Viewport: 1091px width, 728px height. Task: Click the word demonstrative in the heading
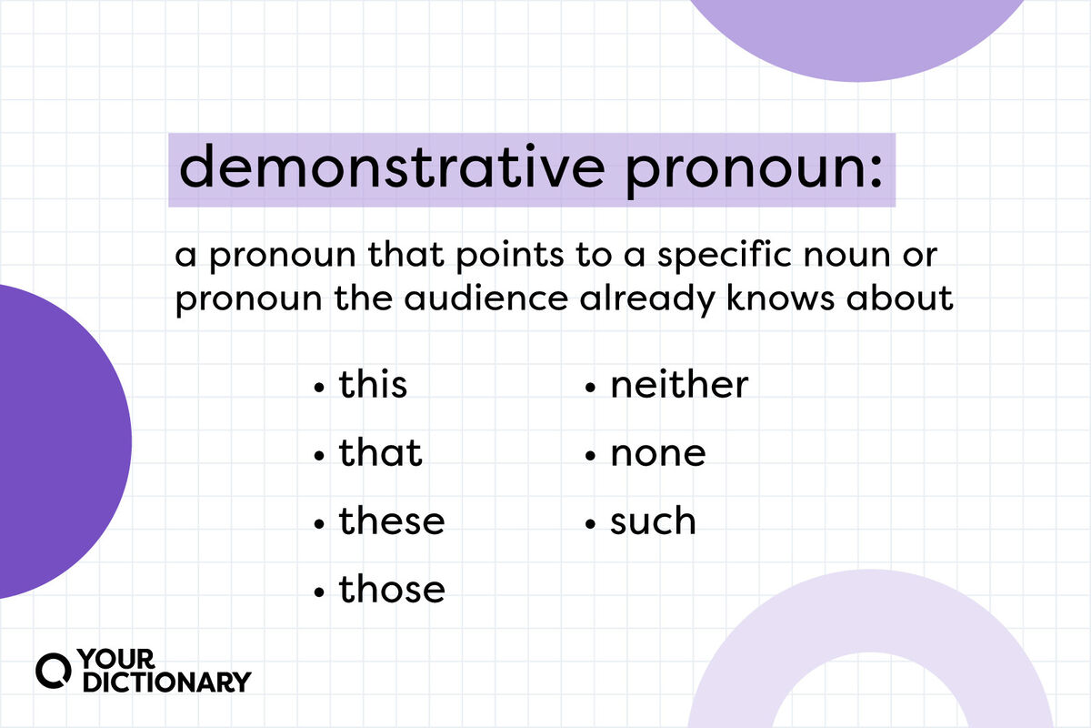click(x=393, y=166)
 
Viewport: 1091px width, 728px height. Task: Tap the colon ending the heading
click(x=876, y=170)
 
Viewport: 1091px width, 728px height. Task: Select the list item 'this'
click(x=373, y=385)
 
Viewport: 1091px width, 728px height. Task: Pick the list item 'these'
click(x=392, y=521)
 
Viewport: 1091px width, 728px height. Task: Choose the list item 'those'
click(x=392, y=590)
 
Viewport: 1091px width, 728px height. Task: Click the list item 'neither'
click(x=679, y=385)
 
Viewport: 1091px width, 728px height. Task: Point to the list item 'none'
click(x=658, y=454)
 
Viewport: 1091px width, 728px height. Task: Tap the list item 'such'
click(x=653, y=521)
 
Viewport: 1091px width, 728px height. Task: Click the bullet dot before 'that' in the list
click(x=319, y=456)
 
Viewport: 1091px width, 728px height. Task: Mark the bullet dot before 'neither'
click(x=590, y=388)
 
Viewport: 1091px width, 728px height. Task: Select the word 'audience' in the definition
click(x=486, y=298)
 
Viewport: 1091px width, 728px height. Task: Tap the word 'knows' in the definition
click(x=779, y=298)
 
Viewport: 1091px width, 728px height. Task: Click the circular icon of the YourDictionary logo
click(x=53, y=671)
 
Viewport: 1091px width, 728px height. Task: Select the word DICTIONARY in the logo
click(x=167, y=682)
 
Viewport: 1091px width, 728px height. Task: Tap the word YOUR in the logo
click(x=116, y=659)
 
